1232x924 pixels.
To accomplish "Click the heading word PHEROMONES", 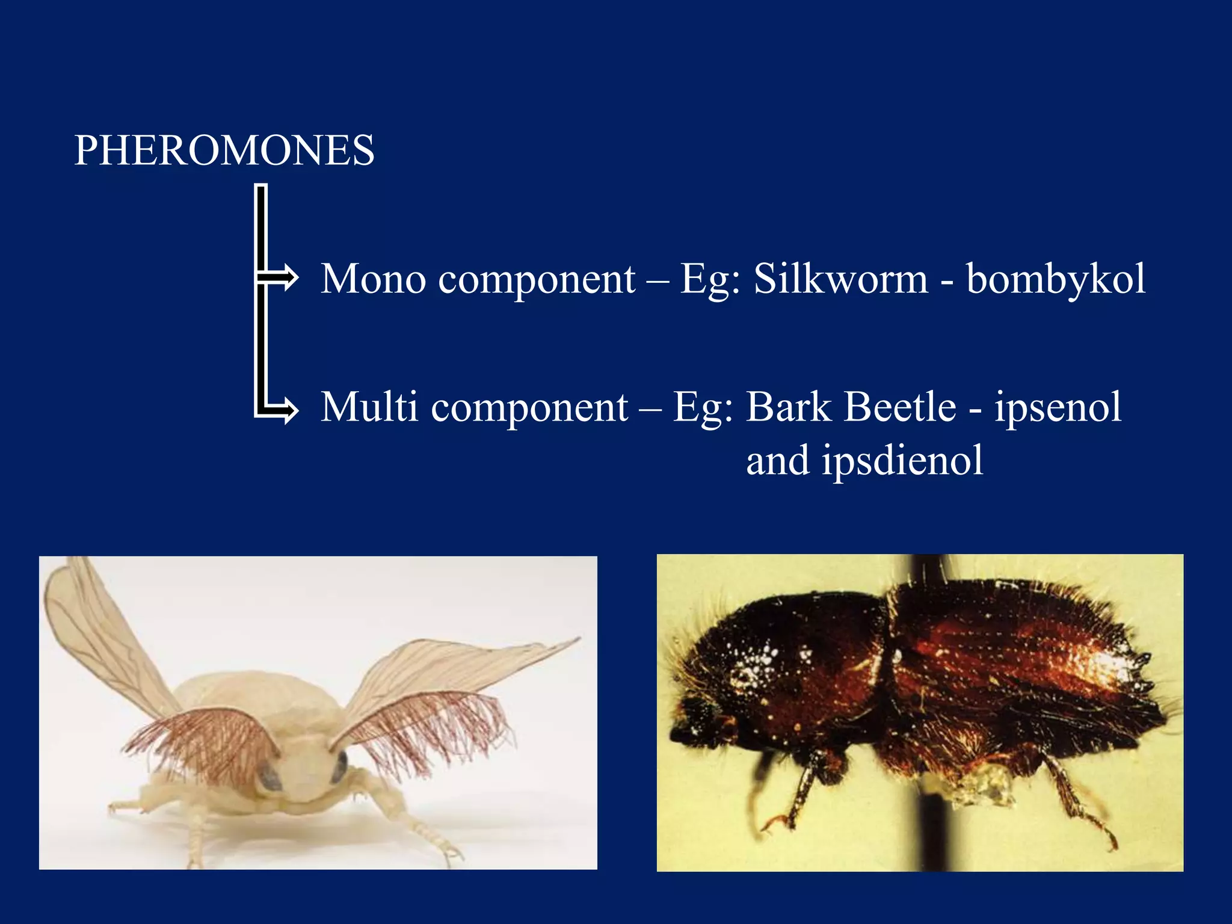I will point(224,150).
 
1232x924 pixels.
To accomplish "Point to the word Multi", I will point(369,407).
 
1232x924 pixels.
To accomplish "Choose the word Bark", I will point(788,407).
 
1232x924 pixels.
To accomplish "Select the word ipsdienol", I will point(902,461).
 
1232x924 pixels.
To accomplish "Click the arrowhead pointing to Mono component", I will point(289,278).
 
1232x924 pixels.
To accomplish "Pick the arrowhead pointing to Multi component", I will point(289,410).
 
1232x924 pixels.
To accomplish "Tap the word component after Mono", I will point(536,280).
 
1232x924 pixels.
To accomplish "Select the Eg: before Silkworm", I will point(710,280).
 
